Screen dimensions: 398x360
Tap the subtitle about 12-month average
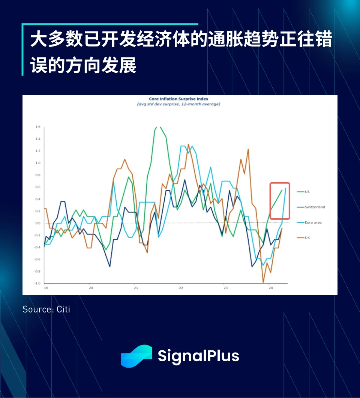pos(178,104)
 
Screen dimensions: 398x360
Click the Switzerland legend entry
pos(315,207)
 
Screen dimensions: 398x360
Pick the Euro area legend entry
pos(313,222)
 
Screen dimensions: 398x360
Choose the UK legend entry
pos(307,238)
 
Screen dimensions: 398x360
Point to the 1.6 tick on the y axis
pos(37,127)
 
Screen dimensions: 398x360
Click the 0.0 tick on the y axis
pos(37,223)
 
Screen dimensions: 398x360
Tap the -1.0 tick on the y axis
pos(37,284)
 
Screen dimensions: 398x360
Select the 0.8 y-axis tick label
pos(37,175)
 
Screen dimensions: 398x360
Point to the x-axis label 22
pos(180,288)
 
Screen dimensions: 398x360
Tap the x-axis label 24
pos(270,288)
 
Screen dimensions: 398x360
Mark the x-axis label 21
pos(136,288)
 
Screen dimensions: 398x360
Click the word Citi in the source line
pos(63,309)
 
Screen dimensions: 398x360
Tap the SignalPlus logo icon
pos(136,356)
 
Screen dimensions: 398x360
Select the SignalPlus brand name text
pos(198,356)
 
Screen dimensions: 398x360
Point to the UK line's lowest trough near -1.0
pos(263,282)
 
